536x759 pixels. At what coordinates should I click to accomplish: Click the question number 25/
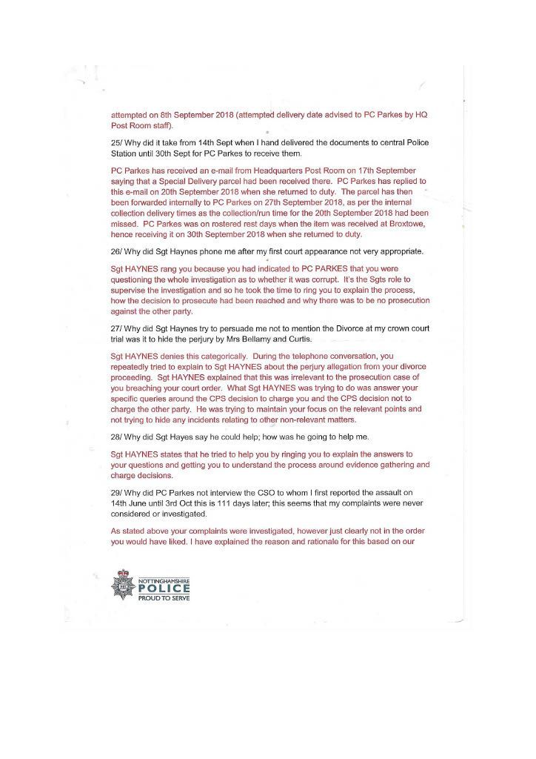point(117,142)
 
